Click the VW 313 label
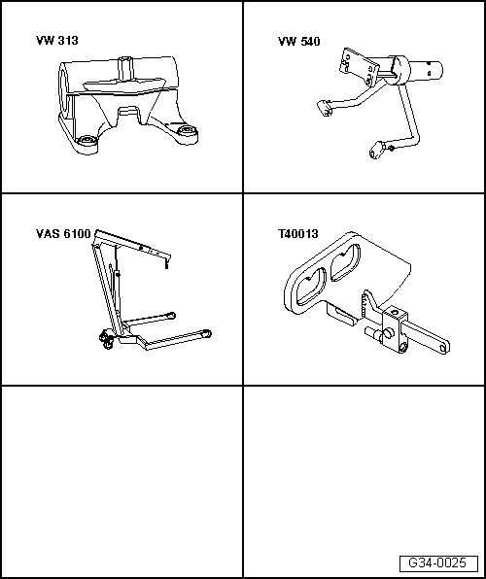57,40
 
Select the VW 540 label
299,42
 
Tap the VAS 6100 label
63,234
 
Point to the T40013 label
297,234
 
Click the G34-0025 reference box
437,563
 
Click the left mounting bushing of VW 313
87,141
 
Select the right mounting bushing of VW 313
186,130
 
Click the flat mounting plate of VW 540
359,65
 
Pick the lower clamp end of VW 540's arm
378,150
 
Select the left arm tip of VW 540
325,108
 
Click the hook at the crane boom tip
166,264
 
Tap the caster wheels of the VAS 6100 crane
105,340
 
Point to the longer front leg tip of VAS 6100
206,334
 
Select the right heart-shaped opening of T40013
345,262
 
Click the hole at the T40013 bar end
443,348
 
